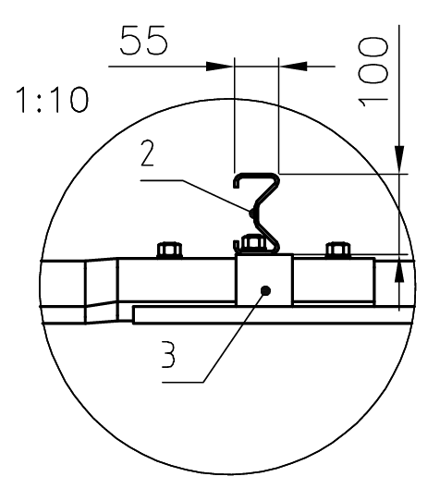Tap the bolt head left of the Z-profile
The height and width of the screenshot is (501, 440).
pos(168,250)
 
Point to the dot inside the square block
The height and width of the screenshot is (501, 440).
pos(265,290)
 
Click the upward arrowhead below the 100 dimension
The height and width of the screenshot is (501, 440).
pos(398,270)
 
